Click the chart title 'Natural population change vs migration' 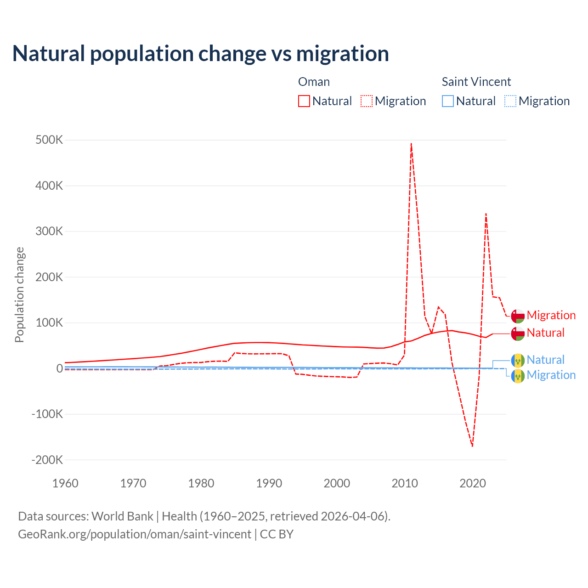(201, 53)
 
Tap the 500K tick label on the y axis (49, 140)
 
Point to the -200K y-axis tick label (47, 460)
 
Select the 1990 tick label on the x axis (269, 483)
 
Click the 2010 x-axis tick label (405, 483)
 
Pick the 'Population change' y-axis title (19, 294)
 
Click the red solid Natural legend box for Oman (304, 101)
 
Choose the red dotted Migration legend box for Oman (367, 101)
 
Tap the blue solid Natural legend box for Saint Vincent (448, 101)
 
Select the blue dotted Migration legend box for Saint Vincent (510, 101)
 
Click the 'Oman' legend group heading (314, 82)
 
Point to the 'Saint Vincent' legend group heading (476, 82)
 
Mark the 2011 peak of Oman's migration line (411, 143)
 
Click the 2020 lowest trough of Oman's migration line (472, 446)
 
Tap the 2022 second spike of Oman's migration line (486, 214)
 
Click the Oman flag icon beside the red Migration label (518, 316)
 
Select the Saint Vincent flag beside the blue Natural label (518, 361)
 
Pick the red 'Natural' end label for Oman (545, 333)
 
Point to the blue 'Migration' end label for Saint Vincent (551, 375)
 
